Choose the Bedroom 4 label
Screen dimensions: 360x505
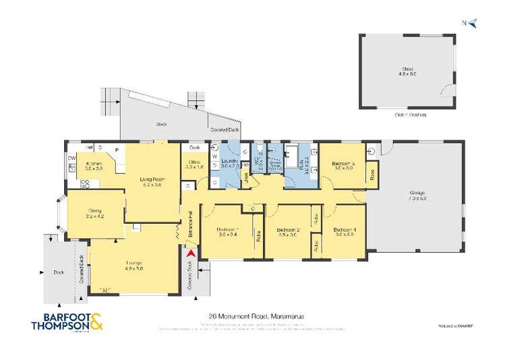click(345, 231)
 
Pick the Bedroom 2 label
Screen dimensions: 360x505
click(288, 231)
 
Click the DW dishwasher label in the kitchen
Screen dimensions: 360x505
click(71, 158)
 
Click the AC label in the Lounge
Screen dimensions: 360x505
click(105, 290)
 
